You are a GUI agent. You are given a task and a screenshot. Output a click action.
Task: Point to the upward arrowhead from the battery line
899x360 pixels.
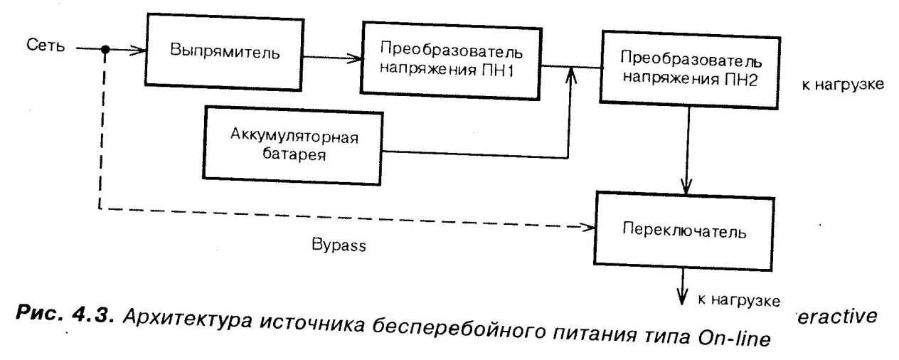569,78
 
